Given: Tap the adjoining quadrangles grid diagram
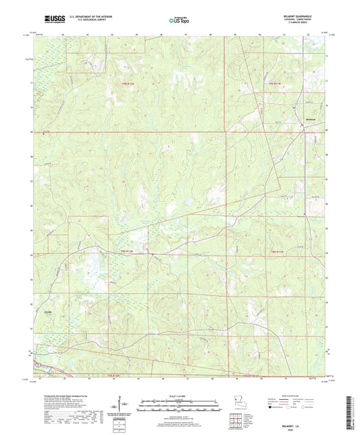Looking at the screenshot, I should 234,423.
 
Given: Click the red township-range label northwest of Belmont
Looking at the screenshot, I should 272,84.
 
